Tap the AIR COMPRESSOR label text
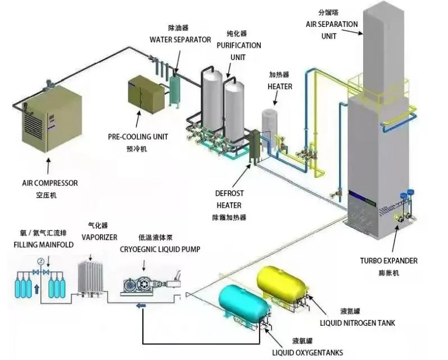click(49, 183)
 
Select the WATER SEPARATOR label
click(180, 39)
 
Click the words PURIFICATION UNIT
click(239, 51)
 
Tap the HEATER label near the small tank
click(279, 86)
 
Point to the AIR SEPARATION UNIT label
click(331, 30)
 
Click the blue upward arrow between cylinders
click(37, 290)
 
